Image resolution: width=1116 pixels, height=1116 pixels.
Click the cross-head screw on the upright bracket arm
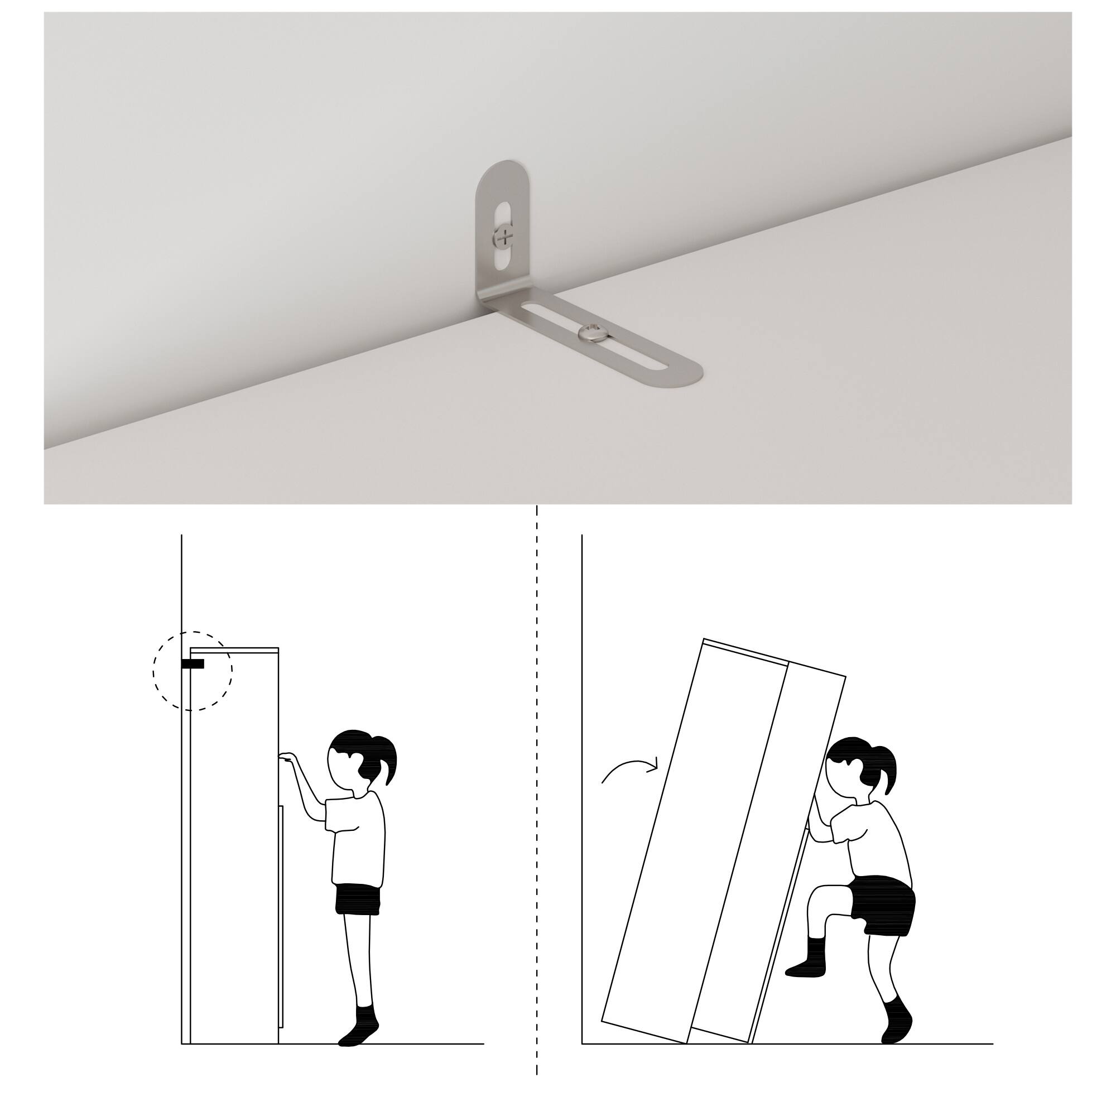504,236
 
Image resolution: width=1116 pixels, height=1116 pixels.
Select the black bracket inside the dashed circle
193,664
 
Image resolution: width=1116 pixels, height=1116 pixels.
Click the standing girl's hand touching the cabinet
287,757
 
